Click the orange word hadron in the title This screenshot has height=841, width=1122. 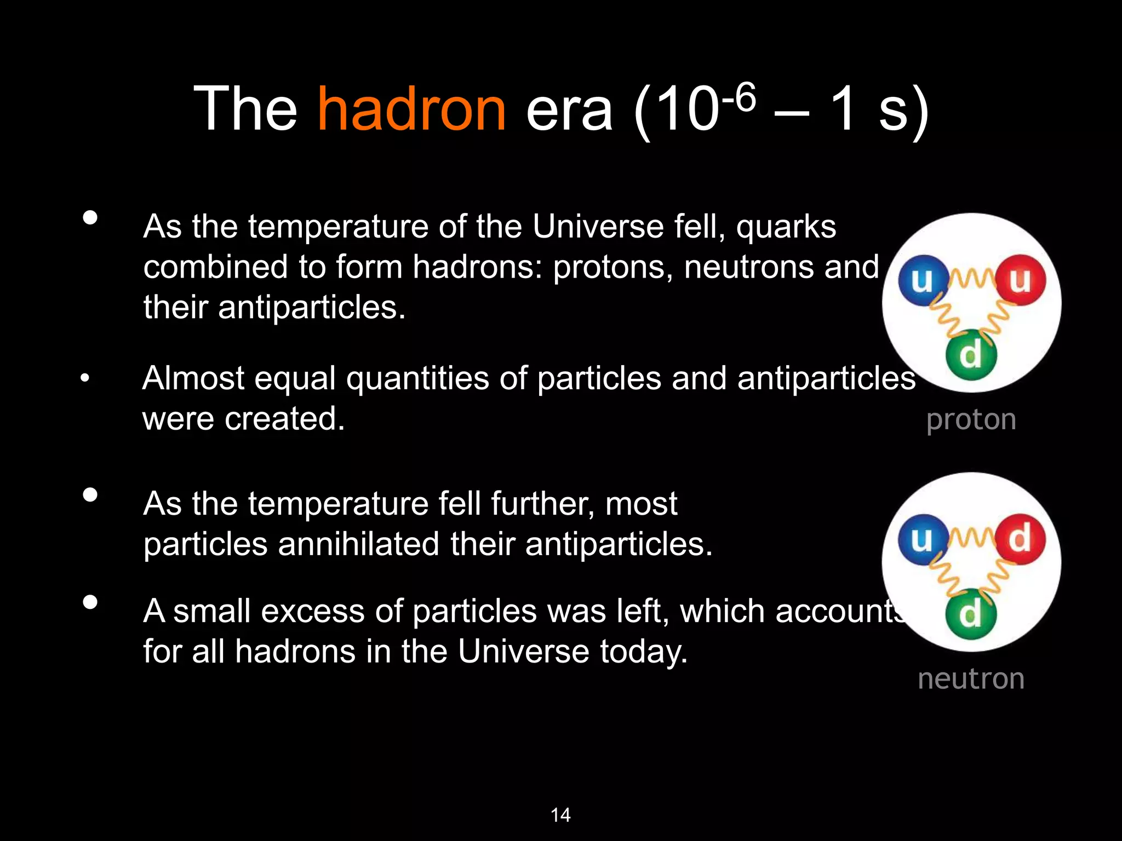pos(412,110)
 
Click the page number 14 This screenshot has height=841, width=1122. pos(560,815)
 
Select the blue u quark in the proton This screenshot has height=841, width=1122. pos(923,280)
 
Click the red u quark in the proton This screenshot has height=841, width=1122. pos(1020,280)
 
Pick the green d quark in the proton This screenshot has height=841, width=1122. pos(971,355)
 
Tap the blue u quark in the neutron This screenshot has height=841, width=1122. pos(923,539)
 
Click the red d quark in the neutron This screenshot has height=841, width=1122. pos(1020,539)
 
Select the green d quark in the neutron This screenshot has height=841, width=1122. pos(971,613)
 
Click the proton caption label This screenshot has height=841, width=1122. pos(971,420)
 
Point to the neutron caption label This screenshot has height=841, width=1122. pos(971,679)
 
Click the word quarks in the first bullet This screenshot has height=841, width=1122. pos(786,227)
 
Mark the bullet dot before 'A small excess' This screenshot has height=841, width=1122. pos(90,603)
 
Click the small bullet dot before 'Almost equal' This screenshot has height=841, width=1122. pos(84,378)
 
